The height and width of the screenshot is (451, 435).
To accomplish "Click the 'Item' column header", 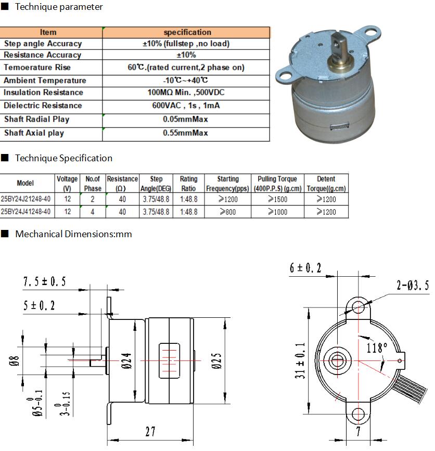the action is (x=48, y=32).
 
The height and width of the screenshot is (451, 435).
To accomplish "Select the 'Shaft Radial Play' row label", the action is (x=36, y=119).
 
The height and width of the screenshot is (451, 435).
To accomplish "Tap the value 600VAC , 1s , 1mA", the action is (x=186, y=106).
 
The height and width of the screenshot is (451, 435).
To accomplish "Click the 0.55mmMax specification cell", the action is (x=185, y=133).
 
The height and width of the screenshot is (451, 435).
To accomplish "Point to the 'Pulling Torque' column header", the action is (x=277, y=179).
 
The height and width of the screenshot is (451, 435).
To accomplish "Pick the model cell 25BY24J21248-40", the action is (x=25, y=199).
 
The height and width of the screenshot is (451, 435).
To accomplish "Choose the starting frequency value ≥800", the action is (x=227, y=212).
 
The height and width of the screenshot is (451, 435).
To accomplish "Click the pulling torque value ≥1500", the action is (x=278, y=199).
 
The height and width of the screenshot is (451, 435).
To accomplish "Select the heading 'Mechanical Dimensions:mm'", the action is (x=73, y=234).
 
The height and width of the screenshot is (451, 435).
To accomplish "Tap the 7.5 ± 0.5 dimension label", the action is (x=45, y=281).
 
